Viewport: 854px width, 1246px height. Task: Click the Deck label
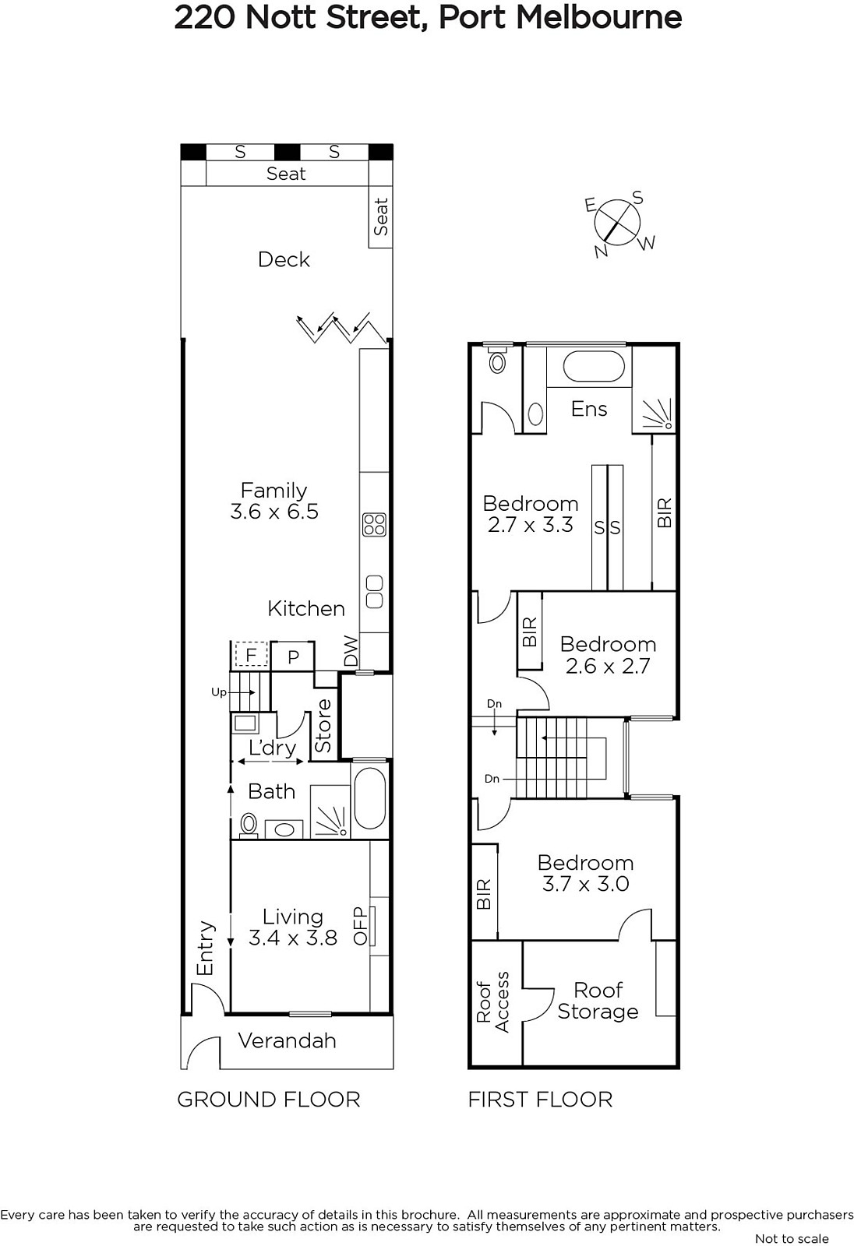[284, 259]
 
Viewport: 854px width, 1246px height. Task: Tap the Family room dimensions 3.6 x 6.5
[274, 511]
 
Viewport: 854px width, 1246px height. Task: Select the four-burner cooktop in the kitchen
[374, 524]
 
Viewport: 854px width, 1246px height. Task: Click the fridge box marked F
[251, 655]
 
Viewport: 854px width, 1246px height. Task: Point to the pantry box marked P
[293, 657]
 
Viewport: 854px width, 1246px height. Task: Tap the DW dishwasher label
[351, 651]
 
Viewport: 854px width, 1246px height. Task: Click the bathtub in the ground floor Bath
[369, 799]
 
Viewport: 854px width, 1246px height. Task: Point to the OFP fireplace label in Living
[361, 926]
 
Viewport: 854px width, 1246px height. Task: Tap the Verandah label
[288, 1040]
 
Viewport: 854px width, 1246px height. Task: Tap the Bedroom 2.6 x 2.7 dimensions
[608, 666]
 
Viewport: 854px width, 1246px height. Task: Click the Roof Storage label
[598, 1001]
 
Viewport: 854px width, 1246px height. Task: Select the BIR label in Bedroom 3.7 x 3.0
[485, 894]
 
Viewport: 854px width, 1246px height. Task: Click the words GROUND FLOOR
[269, 1100]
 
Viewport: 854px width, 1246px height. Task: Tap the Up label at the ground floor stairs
[219, 692]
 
